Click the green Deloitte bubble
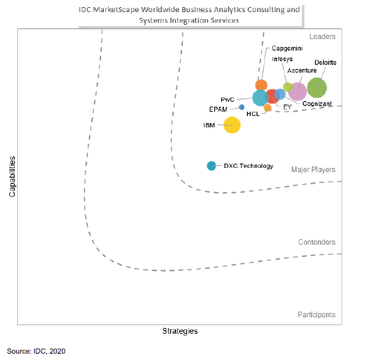[x=317, y=88]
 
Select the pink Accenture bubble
[x=297, y=91]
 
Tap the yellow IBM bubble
[x=232, y=125]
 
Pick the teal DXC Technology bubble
[x=211, y=166]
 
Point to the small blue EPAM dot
[x=241, y=107]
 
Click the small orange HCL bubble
[x=268, y=107]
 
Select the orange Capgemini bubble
[x=261, y=85]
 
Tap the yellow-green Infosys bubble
[x=287, y=87]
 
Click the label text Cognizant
[x=317, y=105]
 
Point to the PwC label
[x=227, y=100]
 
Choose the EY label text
[x=287, y=107]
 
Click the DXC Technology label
[x=248, y=166]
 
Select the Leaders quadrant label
[x=322, y=36]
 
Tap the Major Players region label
[x=313, y=169]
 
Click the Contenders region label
[x=317, y=243]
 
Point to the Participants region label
[x=317, y=314]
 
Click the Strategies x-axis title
[x=180, y=331]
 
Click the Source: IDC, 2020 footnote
[x=37, y=351]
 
